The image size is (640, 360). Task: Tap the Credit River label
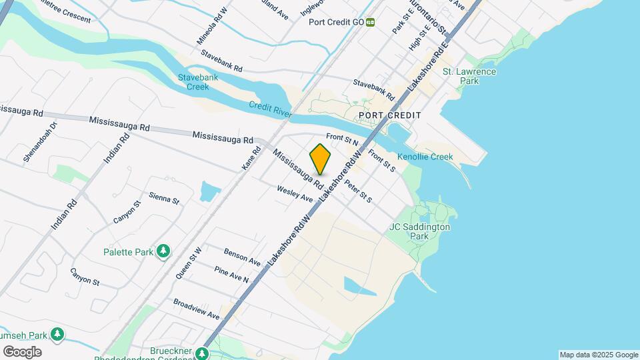click(x=270, y=109)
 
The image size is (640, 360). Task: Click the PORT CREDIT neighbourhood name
click(x=390, y=115)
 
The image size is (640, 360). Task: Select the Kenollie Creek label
click(x=425, y=157)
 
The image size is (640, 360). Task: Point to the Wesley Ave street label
click(x=295, y=194)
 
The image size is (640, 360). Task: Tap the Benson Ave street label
click(x=242, y=256)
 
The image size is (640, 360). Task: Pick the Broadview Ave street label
click(x=196, y=309)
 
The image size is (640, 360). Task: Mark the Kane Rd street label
click(x=251, y=158)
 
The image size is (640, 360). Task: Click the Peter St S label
click(x=358, y=191)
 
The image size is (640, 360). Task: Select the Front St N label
click(x=343, y=140)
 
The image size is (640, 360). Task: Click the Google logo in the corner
click(x=22, y=351)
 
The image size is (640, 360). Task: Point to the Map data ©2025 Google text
click(x=599, y=355)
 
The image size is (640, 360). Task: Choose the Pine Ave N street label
click(x=231, y=275)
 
